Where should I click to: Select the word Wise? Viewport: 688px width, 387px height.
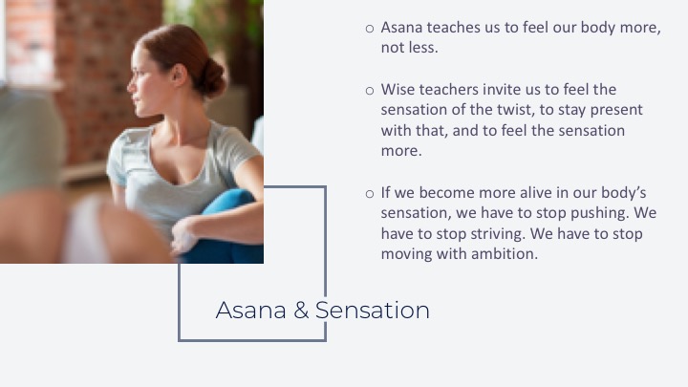coord(398,90)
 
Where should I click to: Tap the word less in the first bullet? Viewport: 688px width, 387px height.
coord(424,48)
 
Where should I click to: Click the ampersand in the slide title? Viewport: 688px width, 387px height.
coord(301,311)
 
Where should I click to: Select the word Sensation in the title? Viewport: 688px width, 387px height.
coord(373,311)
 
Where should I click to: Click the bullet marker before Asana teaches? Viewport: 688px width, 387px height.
coord(370,29)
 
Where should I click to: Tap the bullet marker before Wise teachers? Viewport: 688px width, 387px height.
coord(370,91)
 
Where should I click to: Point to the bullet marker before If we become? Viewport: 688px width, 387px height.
coord(370,194)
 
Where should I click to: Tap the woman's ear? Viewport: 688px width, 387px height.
coord(179,75)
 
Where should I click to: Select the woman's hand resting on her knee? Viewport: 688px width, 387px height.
coord(183,236)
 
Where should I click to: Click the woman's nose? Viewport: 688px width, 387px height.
coord(130,86)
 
